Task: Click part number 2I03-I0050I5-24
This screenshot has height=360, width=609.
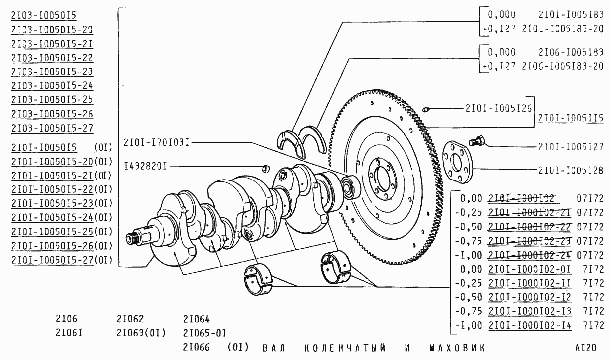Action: point(52,86)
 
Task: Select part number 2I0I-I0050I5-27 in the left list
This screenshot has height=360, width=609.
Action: point(52,260)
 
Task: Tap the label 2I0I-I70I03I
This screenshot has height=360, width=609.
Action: point(156,143)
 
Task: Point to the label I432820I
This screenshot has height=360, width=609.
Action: point(145,166)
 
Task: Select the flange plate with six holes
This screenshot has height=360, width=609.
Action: point(458,162)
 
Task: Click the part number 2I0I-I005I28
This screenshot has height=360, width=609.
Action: point(571,171)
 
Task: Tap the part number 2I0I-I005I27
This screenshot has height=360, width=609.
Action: point(571,147)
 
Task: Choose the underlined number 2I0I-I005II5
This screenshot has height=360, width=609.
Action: point(571,118)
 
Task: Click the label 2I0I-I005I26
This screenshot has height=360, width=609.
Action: point(499,108)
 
